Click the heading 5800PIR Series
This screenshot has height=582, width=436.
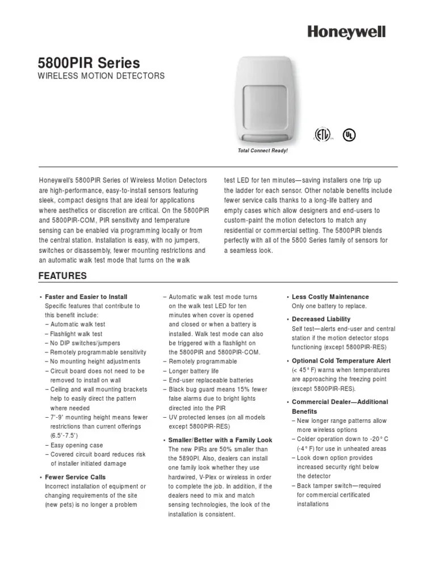coord(89,63)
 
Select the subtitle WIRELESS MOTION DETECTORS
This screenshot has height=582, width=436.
coord(101,76)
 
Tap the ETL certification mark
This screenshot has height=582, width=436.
coord(322,135)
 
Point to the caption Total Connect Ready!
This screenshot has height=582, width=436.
coord(262,151)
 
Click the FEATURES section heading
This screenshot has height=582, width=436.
coord(62,276)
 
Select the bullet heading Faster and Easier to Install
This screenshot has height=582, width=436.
coord(86,297)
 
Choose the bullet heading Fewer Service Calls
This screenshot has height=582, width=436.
coord(75,477)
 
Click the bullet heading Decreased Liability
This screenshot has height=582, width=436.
coord(321,319)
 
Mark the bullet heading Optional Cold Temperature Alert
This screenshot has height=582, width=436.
coord(341,361)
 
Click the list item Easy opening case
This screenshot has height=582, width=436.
coord(74,445)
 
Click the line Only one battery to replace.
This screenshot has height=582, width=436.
coord(329,306)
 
